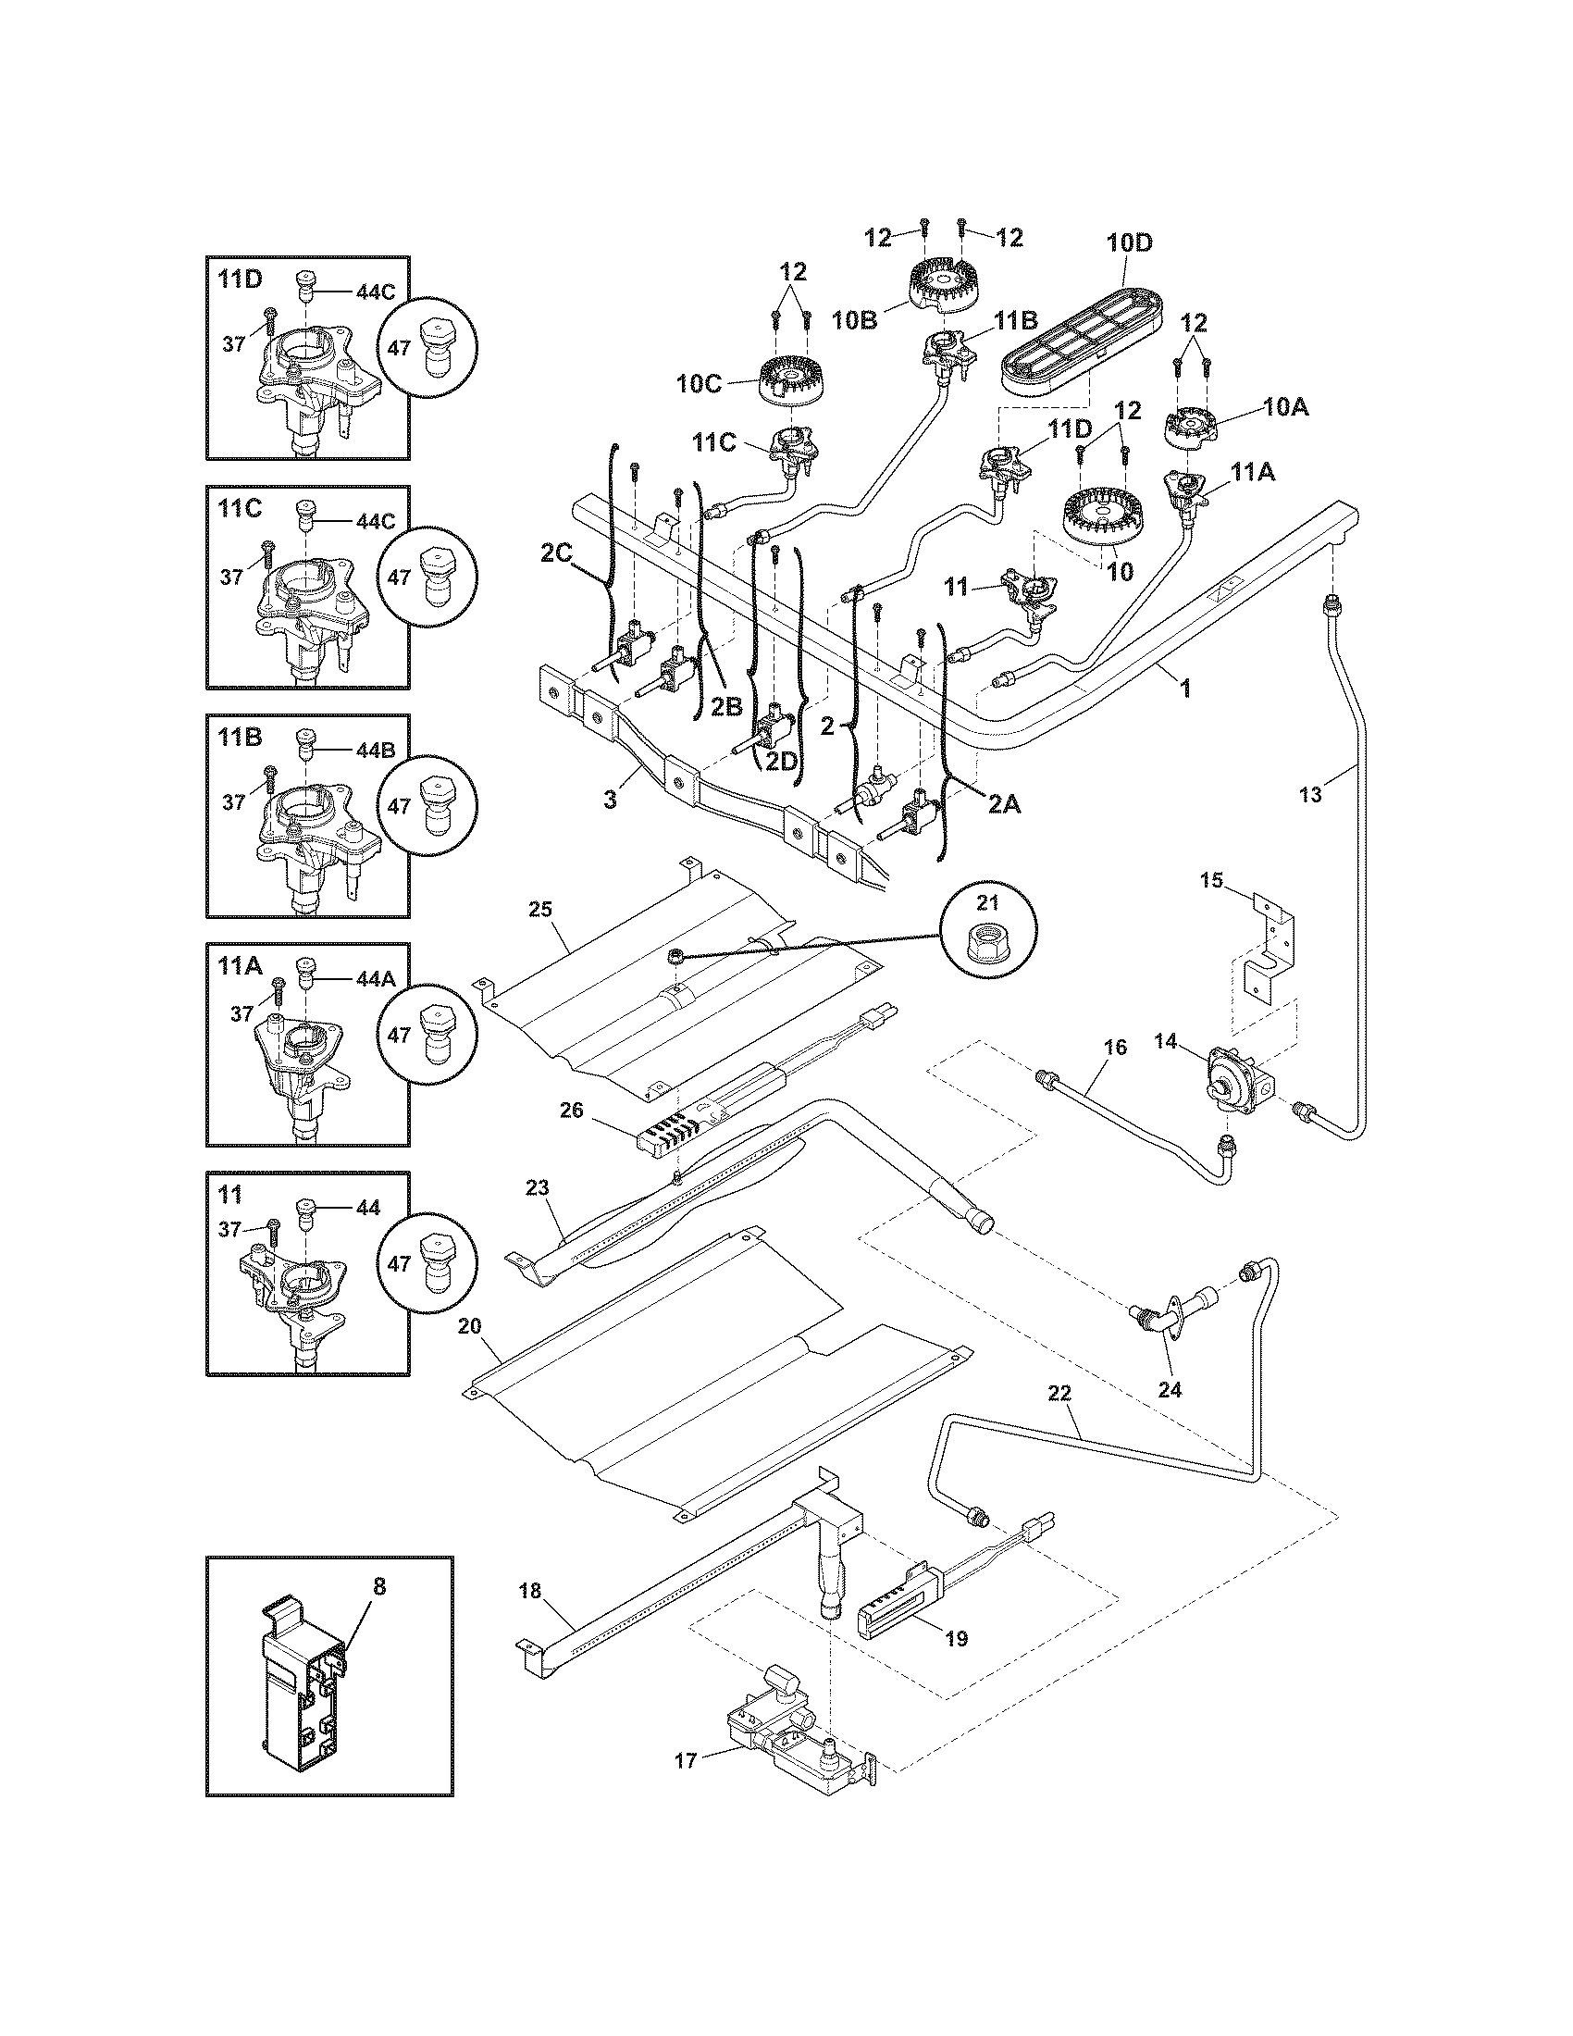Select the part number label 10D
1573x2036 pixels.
point(1130,243)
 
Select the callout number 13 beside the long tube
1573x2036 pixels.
point(1309,794)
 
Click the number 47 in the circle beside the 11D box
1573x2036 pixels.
point(399,348)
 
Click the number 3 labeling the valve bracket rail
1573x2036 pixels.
point(610,799)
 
